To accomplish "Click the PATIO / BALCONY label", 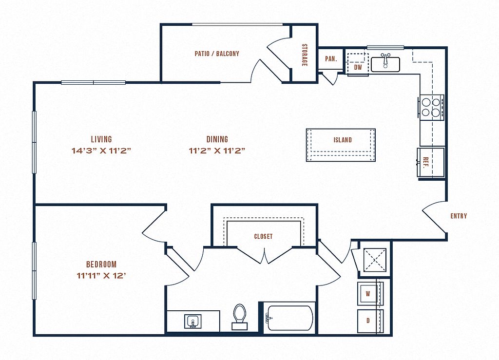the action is click(217, 54).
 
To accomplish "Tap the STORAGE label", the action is click(305, 55).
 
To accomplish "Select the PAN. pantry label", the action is click(331, 59).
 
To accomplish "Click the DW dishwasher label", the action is click(358, 67).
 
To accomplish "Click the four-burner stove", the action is click(431, 107).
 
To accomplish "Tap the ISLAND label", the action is click(343, 140).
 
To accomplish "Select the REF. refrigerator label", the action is click(426, 162).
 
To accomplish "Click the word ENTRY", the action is click(459, 216).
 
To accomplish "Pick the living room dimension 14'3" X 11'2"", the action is click(101, 151).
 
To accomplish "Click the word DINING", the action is click(217, 139).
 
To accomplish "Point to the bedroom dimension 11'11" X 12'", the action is click(101, 275).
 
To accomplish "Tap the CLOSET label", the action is click(263, 236).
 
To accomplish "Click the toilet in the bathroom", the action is click(240, 317).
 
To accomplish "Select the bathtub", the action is click(290, 318).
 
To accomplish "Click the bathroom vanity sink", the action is click(192, 322).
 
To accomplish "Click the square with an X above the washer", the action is click(375, 260).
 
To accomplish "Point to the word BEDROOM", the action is click(101, 264).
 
